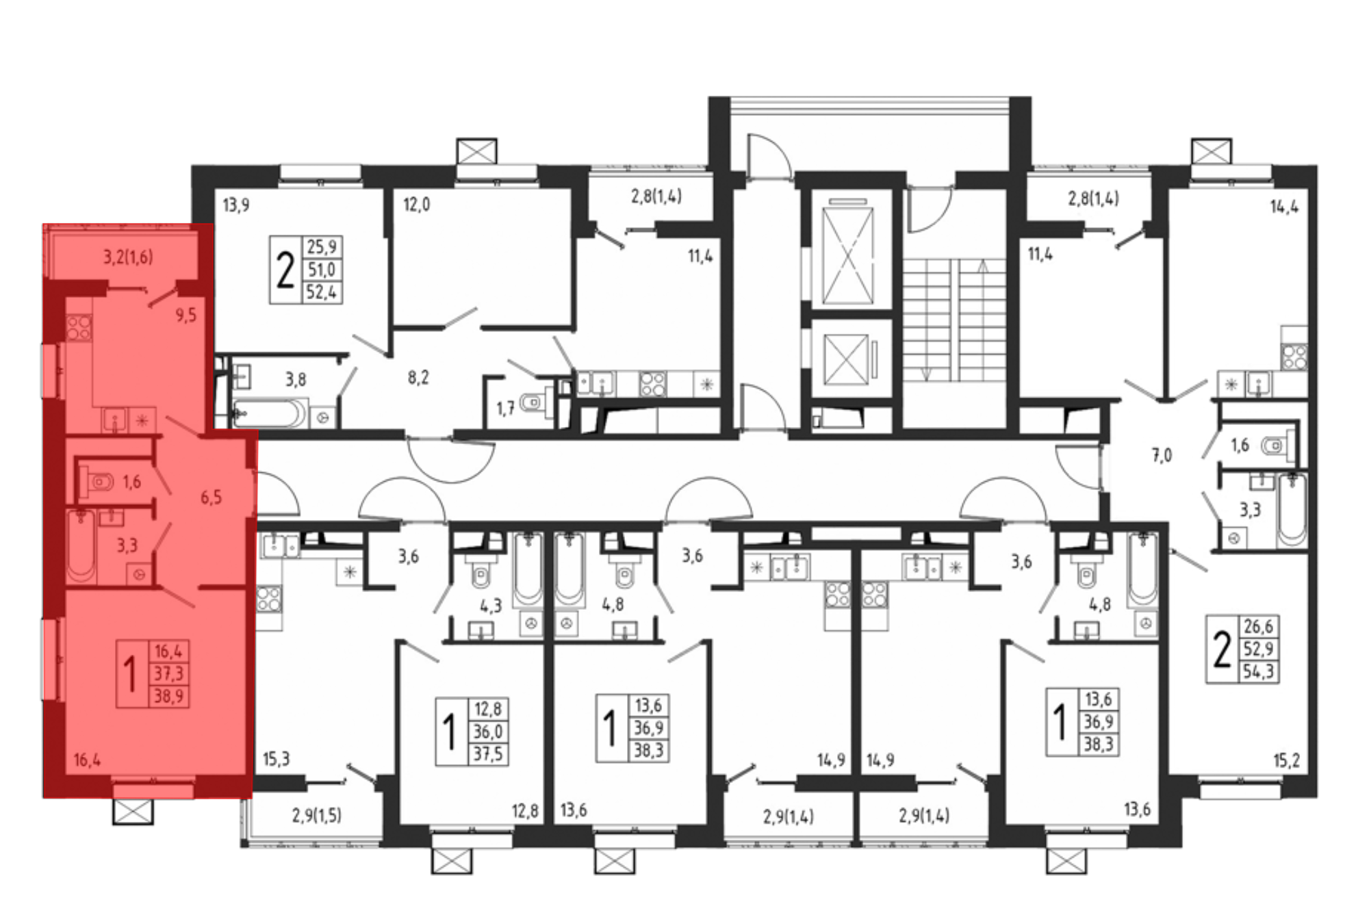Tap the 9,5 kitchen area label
pyautogui.click(x=185, y=315)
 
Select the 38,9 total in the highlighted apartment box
pyautogui.click(x=168, y=697)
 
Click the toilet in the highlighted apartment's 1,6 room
pyautogui.click(x=97, y=482)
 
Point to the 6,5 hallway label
pyautogui.click(x=211, y=498)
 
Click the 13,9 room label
pyautogui.click(x=236, y=205)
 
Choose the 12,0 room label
pyautogui.click(x=416, y=205)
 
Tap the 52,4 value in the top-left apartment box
pyautogui.click(x=322, y=292)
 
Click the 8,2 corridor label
pyautogui.click(x=418, y=378)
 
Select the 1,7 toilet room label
pyautogui.click(x=505, y=409)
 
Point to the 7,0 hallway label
pyautogui.click(x=1162, y=455)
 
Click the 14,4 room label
pyautogui.click(x=1284, y=207)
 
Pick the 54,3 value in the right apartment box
pyautogui.click(x=1258, y=671)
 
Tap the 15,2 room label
pyautogui.click(x=1286, y=760)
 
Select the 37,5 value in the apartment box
pyautogui.click(x=488, y=754)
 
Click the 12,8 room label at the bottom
pyautogui.click(x=525, y=811)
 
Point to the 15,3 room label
pyautogui.click(x=277, y=759)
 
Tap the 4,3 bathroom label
pyautogui.click(x=491, y=606)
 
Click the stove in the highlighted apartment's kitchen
pyautogui.click(x=79, y=327)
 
